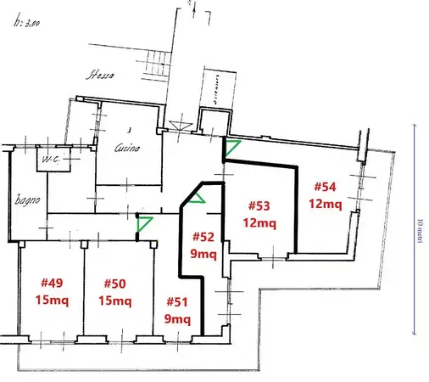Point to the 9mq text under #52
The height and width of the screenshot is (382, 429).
203,254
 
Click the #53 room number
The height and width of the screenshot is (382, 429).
259,205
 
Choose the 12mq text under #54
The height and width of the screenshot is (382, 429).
326,204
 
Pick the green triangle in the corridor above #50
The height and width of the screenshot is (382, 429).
144,224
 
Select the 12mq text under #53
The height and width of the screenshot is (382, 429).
259,222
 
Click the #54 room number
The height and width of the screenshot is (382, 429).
326,187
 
